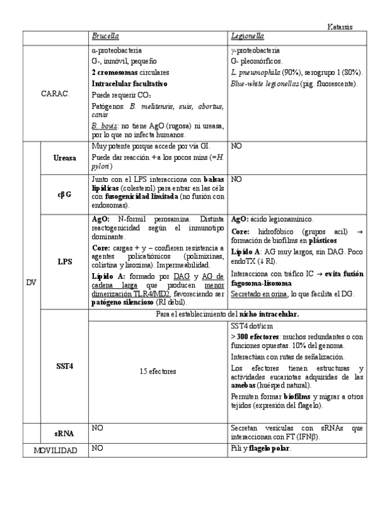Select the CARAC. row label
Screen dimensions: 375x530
tap(56, 93)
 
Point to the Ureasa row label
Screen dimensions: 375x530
tap(65, 158)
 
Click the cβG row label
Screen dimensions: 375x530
tap(65, 194)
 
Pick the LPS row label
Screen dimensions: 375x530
tap(65, 262)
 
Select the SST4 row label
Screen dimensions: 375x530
tap(65, 366)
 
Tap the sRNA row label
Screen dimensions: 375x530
tap(65, 432)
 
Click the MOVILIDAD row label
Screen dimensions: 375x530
tap(56, 450)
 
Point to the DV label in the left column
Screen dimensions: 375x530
tap(31, 282)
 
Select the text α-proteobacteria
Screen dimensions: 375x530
tap(116, 50)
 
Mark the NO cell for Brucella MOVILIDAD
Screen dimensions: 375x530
tap(97, 449)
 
